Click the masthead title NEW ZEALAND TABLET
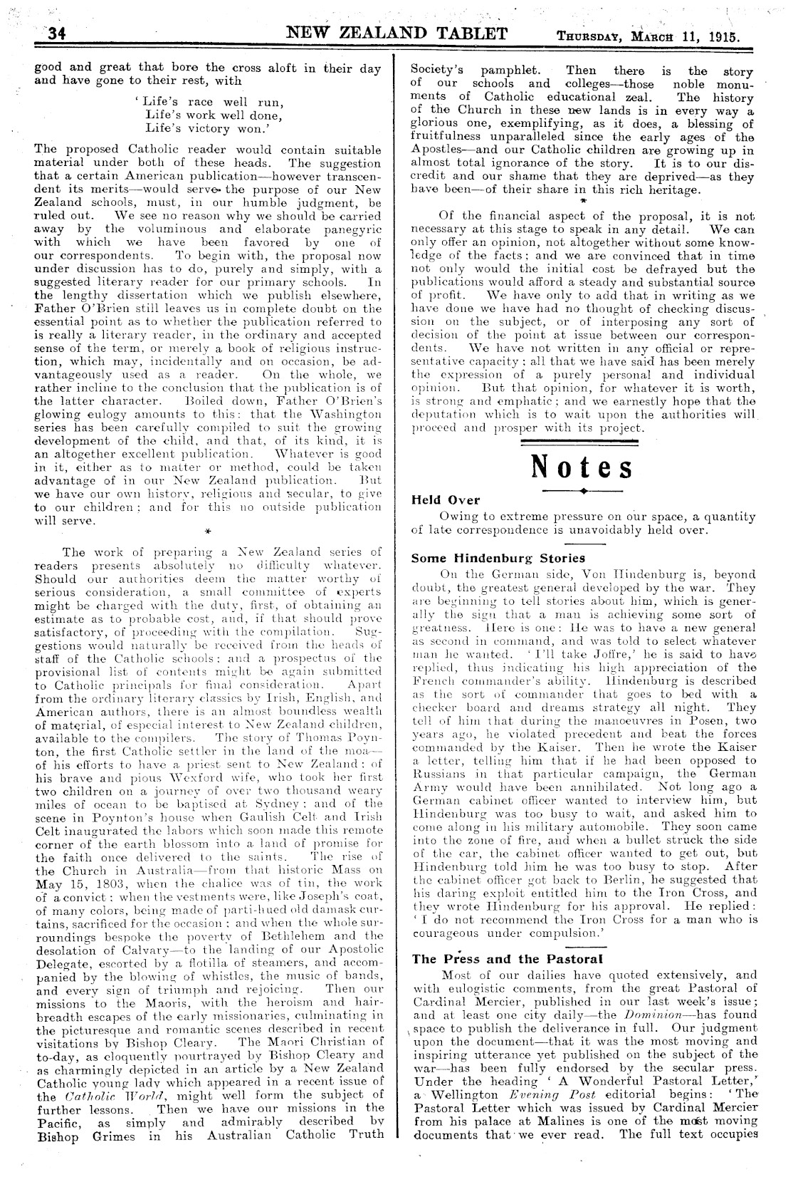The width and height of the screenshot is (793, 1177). [x=397, y=33]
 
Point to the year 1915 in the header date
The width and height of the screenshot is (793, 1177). [x=721, y=36]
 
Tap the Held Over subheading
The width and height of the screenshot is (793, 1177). [x=446, y=500]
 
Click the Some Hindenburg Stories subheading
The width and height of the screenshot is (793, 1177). [x=498, y=558]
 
